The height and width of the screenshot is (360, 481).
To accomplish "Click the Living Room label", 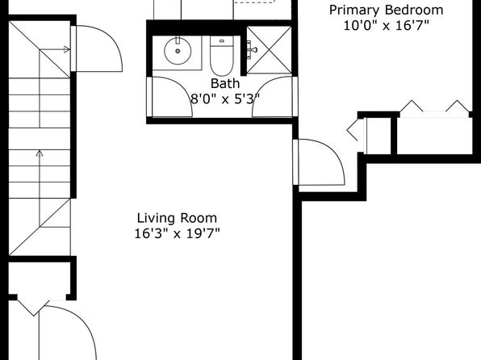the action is (177, 218).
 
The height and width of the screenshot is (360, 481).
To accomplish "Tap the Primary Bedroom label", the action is (386, 10).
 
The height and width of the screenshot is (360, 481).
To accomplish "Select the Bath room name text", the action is (225, 83).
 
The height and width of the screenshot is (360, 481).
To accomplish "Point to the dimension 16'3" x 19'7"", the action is (178, 234).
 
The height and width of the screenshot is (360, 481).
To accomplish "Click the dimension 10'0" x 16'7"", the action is (386, 25).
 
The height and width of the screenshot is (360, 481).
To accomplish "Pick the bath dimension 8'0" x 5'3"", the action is (225, 98).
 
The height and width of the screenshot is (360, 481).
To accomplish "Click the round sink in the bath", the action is (178, 51).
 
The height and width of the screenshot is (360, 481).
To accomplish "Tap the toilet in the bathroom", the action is (222, 56).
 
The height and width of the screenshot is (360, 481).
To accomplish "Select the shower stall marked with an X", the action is (269, 50).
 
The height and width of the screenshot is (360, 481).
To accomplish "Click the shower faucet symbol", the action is (252, 50).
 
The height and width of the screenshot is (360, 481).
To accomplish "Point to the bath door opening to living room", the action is (169, 97).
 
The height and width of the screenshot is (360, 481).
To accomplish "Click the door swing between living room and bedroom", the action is (319, 162).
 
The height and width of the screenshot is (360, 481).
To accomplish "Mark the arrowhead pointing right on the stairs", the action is (66, 49).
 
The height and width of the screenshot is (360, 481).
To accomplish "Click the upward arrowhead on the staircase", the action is (40, 153).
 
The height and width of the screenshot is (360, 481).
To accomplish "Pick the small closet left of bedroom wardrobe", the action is (378, 136).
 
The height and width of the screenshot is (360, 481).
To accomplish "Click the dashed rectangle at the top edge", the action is (254, 2).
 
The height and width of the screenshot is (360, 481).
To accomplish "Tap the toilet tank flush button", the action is (222, 41).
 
